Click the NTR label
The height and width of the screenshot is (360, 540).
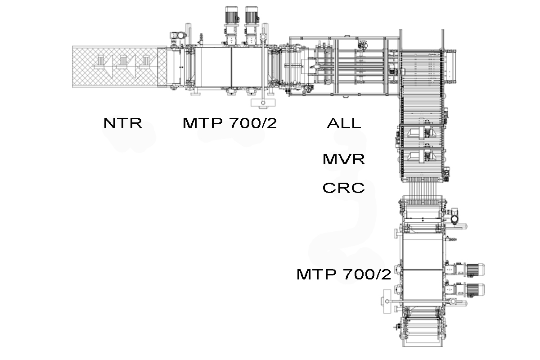click(123, 123)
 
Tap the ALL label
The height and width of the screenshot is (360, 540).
click(344, 123)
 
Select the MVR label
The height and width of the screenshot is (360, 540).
click(344, 159)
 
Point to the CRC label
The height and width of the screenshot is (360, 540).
click(343, 188)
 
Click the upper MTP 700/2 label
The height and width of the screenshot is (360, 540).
click(230, 123)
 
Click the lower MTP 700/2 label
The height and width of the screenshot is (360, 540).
click(343, 274)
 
